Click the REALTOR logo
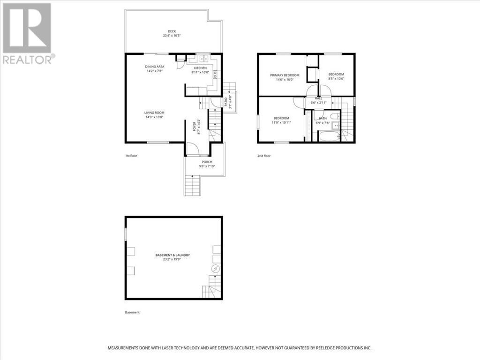[x=28, y=33]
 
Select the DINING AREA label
[x=154, y=67]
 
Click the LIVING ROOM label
[x=154, y=112]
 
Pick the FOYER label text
[x=194, y=125]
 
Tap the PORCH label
[x=207, y=162]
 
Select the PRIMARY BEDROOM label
[x=285, y=75]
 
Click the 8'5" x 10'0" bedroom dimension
[x=336, y=79]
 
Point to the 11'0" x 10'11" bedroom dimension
[x=281, y=123]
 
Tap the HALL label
[x=319, y=98]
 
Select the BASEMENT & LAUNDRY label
[x=172, y=255]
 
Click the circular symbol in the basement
[x=215, y=269]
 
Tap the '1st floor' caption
[x=131, y=155]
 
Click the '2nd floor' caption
[x=264, y=156]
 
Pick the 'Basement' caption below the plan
[x=132, y=312]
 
